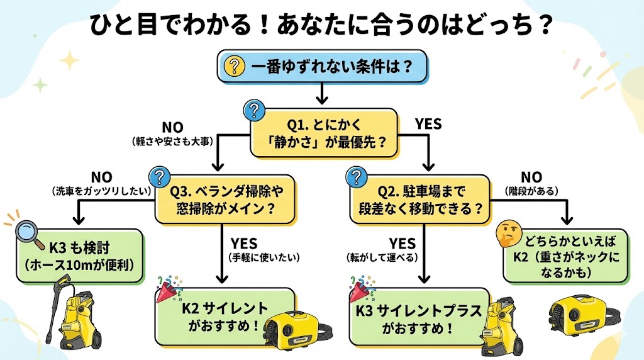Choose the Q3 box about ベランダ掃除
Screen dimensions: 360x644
point(227,200)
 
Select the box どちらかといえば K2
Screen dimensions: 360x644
point(565,255)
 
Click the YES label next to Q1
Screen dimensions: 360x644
point(428,124)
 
